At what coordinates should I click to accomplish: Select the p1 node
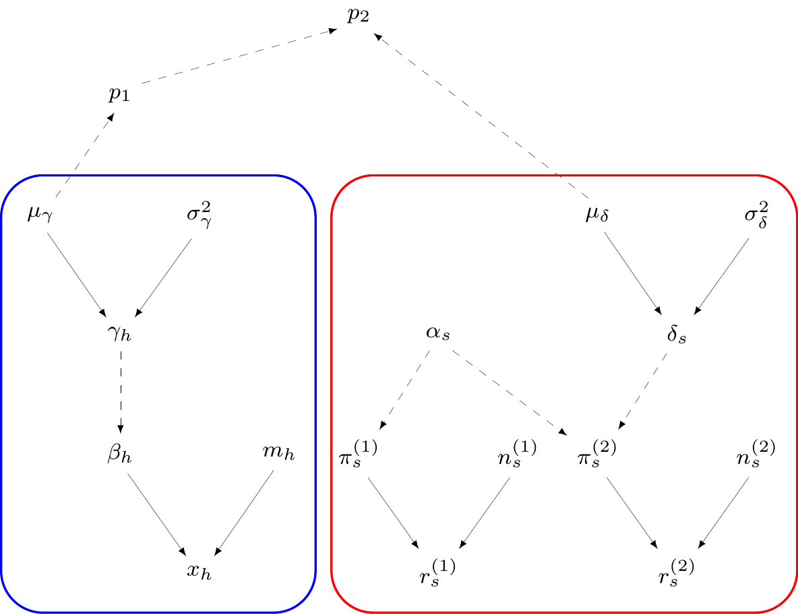(119, 95)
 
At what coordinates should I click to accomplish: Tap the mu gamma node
(38, 217)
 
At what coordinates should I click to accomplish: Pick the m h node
(278, 452)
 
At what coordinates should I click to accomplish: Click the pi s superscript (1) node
(358, 454)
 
